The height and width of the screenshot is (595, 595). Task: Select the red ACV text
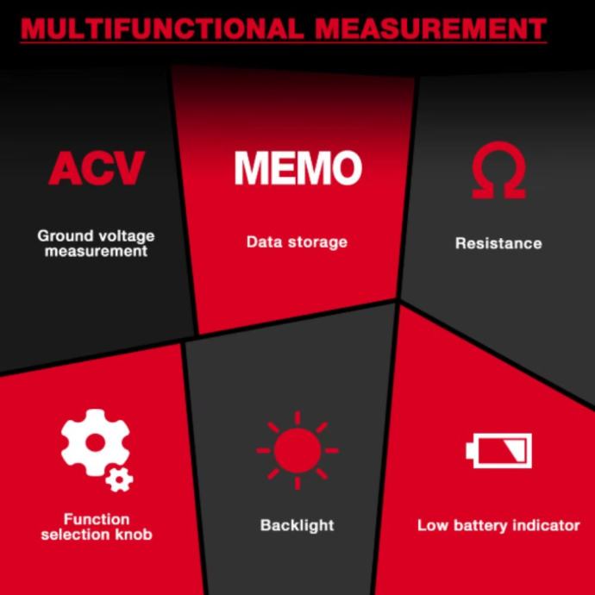97,168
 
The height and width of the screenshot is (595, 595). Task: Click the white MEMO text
297,167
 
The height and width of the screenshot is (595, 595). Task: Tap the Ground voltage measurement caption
97,243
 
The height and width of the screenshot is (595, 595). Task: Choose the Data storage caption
297,241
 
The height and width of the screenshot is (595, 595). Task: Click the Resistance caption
498,243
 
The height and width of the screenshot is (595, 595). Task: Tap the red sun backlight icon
297,449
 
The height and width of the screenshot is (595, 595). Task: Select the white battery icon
498,450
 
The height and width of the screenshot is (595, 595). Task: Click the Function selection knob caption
97,527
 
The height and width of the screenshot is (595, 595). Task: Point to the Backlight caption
297,524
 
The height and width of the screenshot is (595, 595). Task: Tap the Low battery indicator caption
498,524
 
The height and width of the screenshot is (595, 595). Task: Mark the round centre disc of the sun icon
297,449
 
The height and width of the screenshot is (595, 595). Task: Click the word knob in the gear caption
135,535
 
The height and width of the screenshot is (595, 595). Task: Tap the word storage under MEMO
318,241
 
